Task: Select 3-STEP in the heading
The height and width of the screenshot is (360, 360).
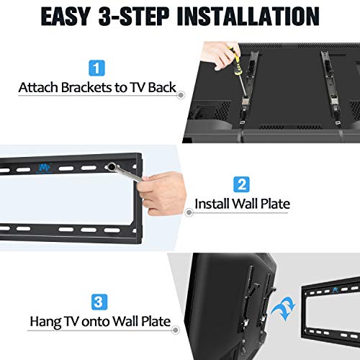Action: coord(142,17)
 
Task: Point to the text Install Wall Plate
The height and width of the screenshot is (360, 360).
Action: coord(242,204)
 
